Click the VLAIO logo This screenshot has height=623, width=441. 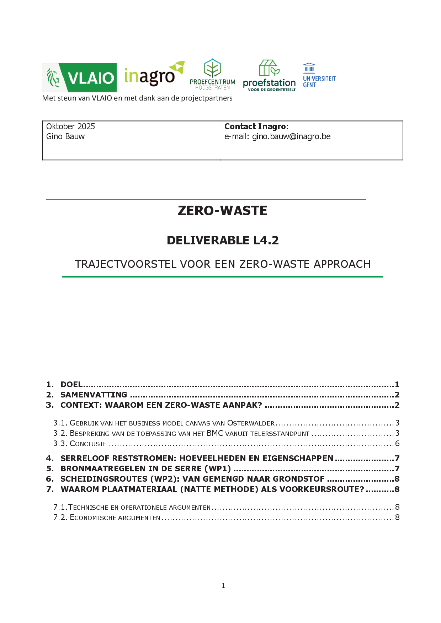click(x=79, y=78)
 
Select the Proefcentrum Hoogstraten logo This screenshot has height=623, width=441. click(x=212, y=74)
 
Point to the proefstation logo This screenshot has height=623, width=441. click(x=269, y=76)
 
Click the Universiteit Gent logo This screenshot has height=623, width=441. click(x=319, y=75)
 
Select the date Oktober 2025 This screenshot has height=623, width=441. click(x=70, y=126)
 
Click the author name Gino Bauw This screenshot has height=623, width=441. click(x=65, y=136)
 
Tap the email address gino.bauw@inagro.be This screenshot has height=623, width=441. click(x=291, y=136)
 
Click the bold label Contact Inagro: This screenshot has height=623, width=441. click(x=256, y=126)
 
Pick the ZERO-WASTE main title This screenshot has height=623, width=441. click(x=222, y=211)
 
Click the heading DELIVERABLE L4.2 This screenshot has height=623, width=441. click(x=223, y=240)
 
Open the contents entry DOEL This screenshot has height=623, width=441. click(x=71, y=384)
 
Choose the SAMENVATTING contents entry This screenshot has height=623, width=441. click(x=94, y=395)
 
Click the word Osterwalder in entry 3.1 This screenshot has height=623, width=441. click(x=251, y=423)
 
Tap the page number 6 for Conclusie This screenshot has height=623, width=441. click(x=397, y=443)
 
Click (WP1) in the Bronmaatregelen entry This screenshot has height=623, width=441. click(x=217, y=468)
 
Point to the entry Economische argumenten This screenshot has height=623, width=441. click(x=115, y=518)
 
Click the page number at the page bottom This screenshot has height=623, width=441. click(x=223, y=586)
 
